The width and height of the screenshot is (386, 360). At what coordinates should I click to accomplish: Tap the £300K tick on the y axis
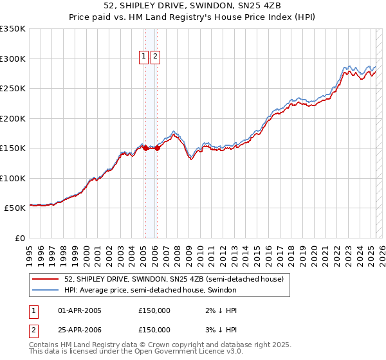pos(13,59)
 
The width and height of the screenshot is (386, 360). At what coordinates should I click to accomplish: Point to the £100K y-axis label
pos(13,178)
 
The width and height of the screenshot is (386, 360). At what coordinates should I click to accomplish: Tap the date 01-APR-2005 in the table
pos(80,310)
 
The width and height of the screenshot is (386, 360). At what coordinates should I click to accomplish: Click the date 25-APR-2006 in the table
pos(80,330)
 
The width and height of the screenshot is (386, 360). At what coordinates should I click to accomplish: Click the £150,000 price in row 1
pos(154,310)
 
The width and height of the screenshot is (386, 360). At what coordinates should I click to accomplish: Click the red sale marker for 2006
pos(157,148)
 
